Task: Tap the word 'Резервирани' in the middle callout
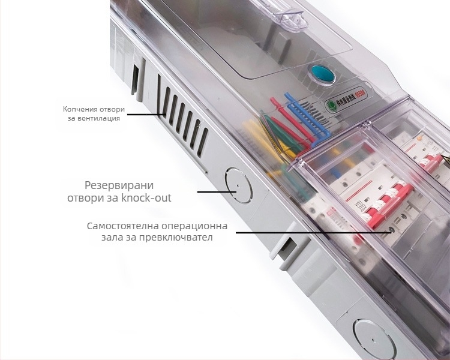pyautogui.click(x=119, y=185)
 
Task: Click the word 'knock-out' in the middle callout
pyautogui.click(x=146, y=198)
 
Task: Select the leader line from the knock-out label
pyautogui.click(x=217, y=191)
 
